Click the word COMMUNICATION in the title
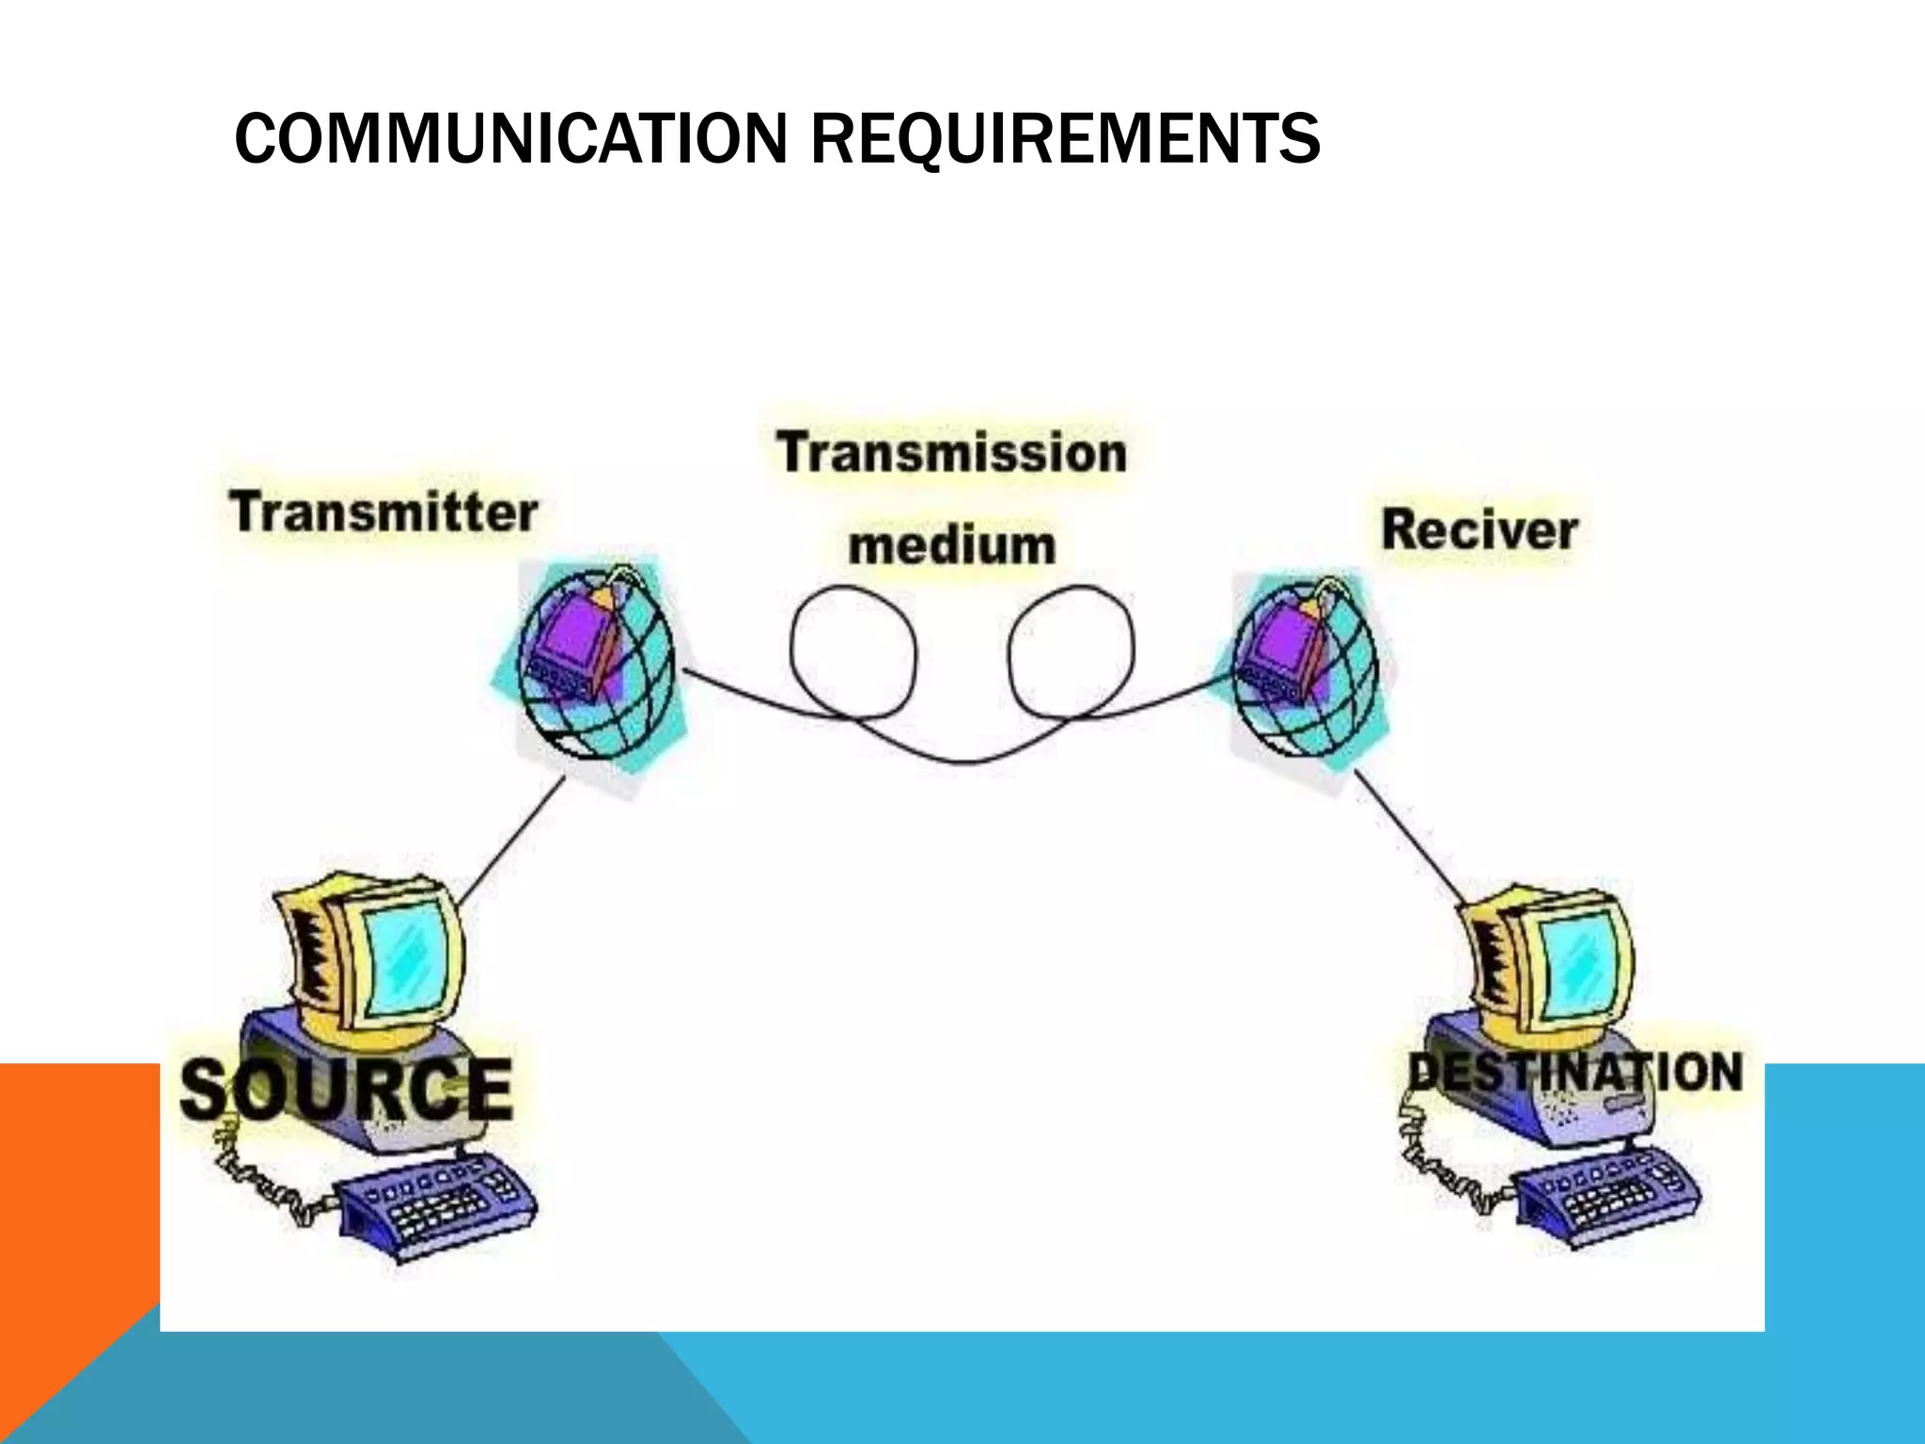(509, 139)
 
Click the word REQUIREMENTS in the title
(1064, 139)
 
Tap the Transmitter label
(383, 513)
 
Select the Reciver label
(1479, 530)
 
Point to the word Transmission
(951, 453)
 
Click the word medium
(951, 545)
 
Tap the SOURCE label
(346, 1089)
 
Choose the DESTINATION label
(1575, 1072)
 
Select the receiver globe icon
(1305, 666)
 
